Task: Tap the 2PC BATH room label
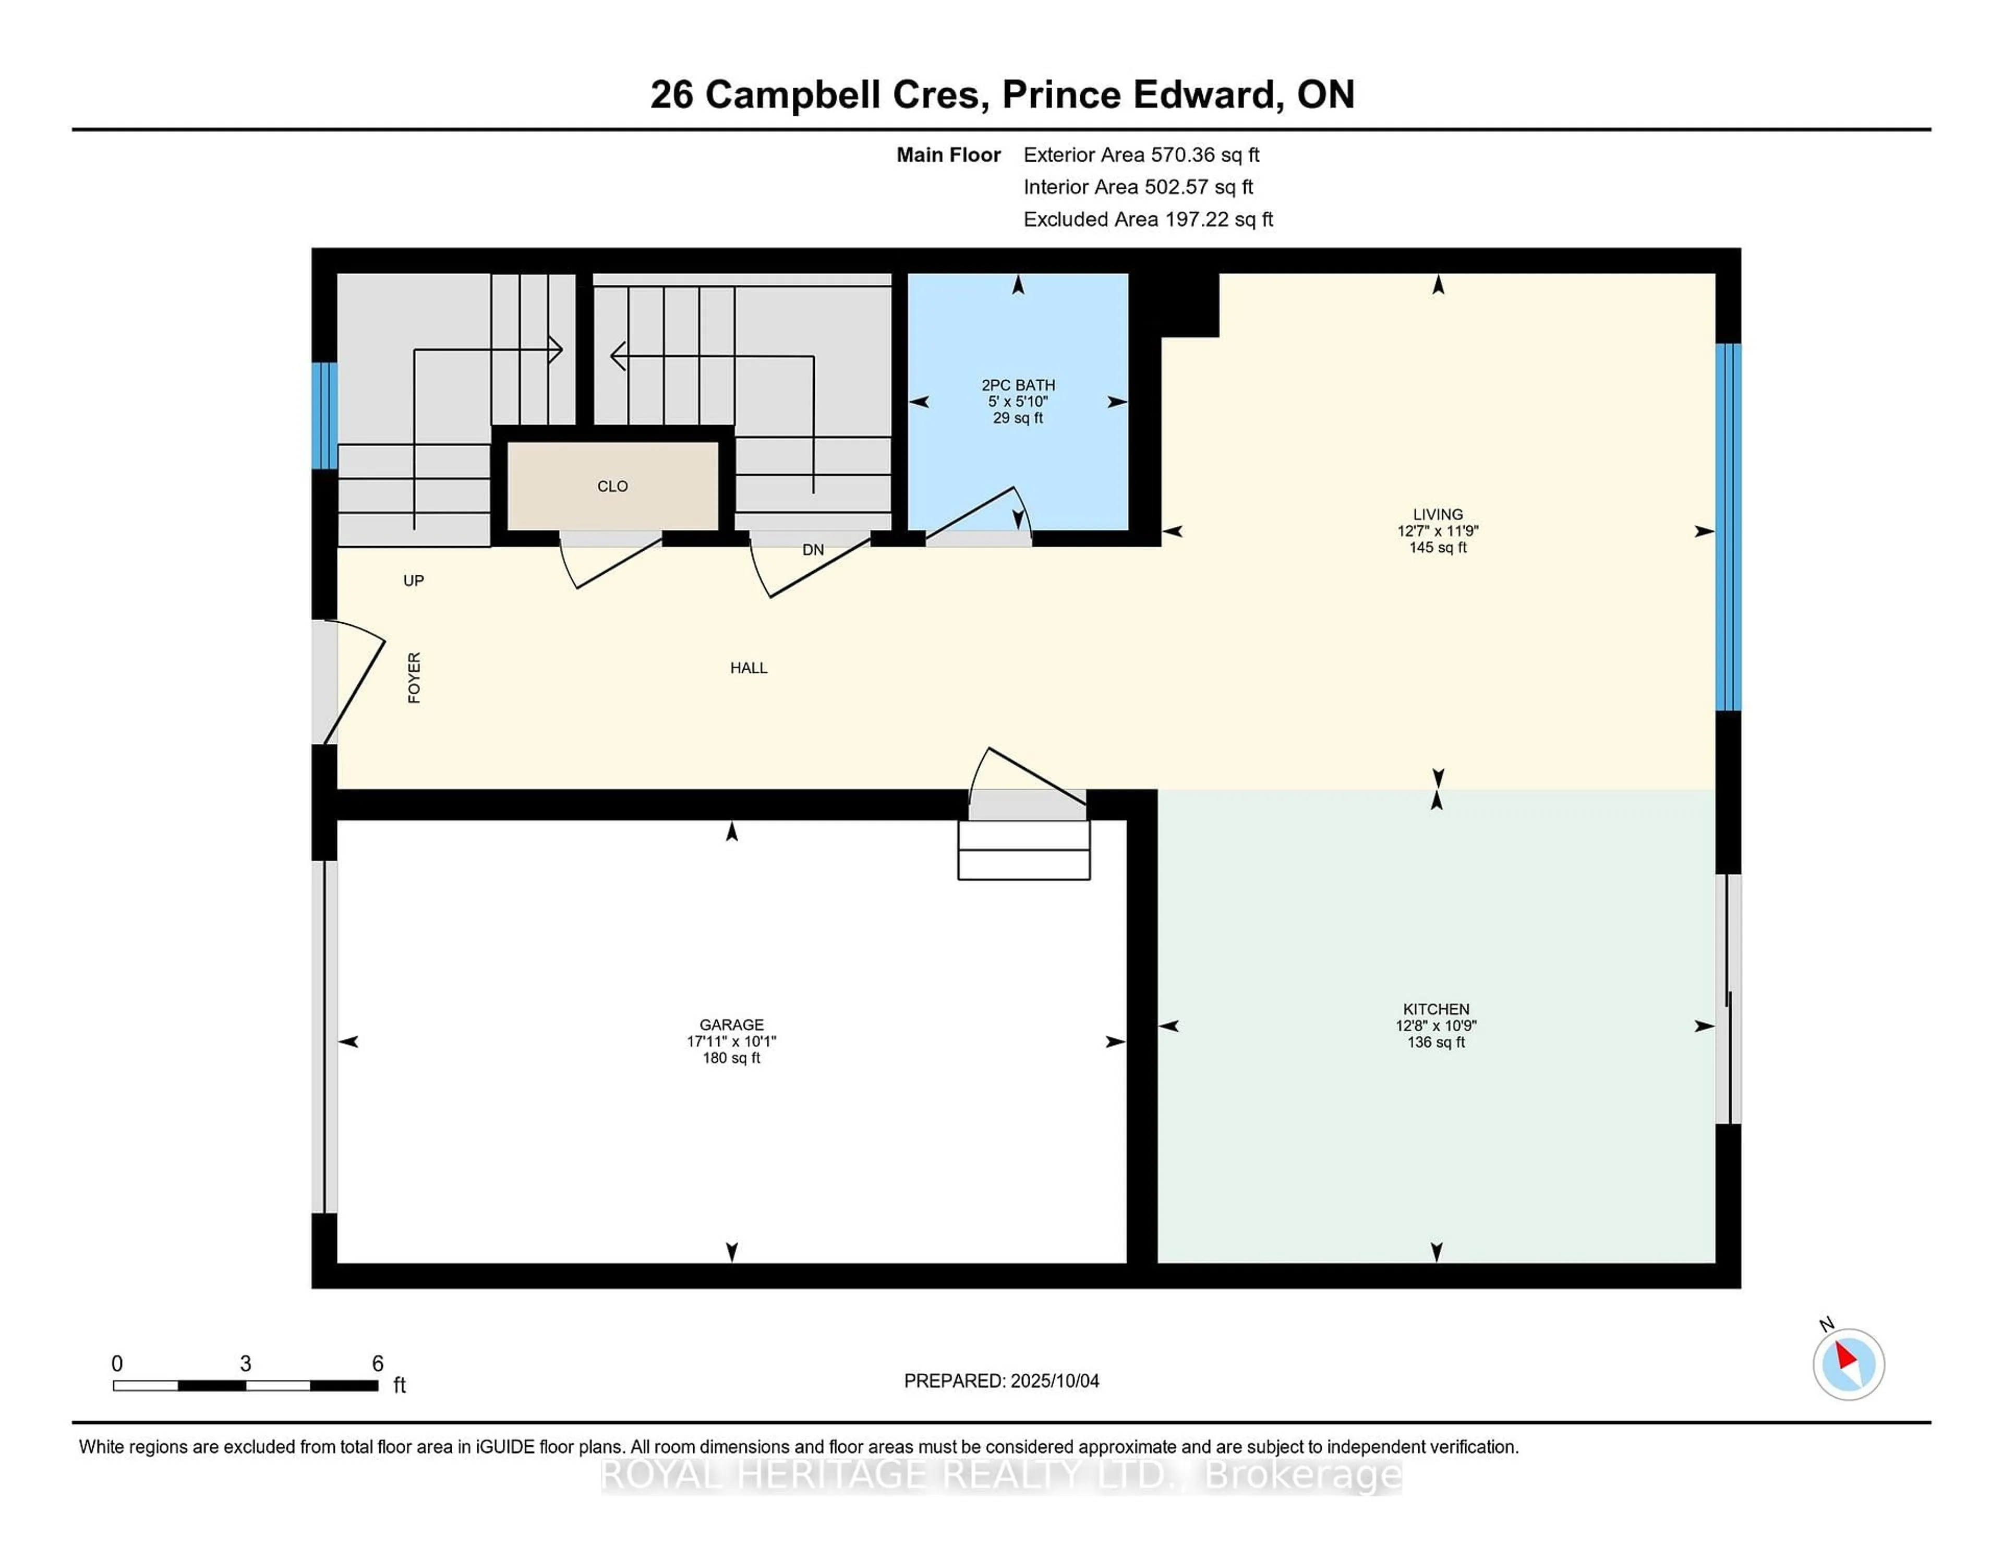[x=1018, y=385]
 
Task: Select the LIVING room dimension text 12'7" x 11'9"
[x=1437, y=531]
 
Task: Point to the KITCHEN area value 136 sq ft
[x=1435, y=1043]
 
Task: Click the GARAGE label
[x=731, y=1024]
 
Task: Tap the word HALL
[x=749, y=668]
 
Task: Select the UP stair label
[x=414, y=580]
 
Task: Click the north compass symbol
[x=1848, y=1364]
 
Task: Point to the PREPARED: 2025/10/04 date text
[x=1001, y=1381]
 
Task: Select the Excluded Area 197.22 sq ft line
[x=1148, y=219]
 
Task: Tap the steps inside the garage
[x=1023, y=850]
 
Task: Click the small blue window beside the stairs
[x=324, y=416]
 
